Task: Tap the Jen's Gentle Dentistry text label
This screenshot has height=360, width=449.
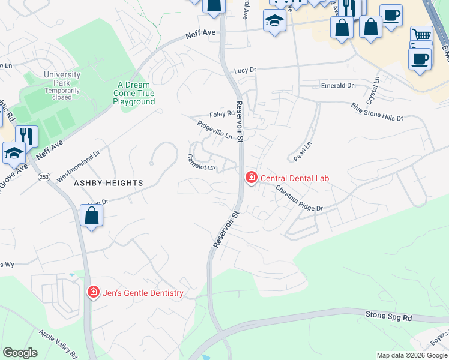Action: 143,293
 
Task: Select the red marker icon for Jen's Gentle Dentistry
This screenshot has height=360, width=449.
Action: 94,293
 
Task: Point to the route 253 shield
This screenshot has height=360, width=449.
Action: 45,178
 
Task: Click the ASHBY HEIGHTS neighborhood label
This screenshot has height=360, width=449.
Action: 108,182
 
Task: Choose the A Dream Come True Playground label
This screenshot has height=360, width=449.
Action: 134,94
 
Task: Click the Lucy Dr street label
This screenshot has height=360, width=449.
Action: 245,70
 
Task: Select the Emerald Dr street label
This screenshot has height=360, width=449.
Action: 337,86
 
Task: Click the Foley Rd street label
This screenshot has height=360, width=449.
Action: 221,113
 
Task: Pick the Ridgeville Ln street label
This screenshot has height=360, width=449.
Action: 214,130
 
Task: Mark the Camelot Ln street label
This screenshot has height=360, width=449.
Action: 201,162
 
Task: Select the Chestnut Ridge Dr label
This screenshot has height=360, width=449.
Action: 299,199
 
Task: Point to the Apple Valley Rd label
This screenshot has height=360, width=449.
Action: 58,343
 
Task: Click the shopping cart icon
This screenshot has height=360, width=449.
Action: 422,35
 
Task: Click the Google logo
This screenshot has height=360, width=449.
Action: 20,353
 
